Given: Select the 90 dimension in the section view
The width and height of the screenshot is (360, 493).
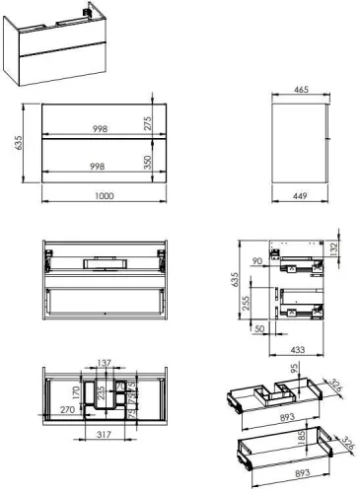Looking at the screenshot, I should coord(257,260).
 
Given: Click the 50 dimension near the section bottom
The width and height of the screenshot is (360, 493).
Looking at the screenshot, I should coord(259,328).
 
